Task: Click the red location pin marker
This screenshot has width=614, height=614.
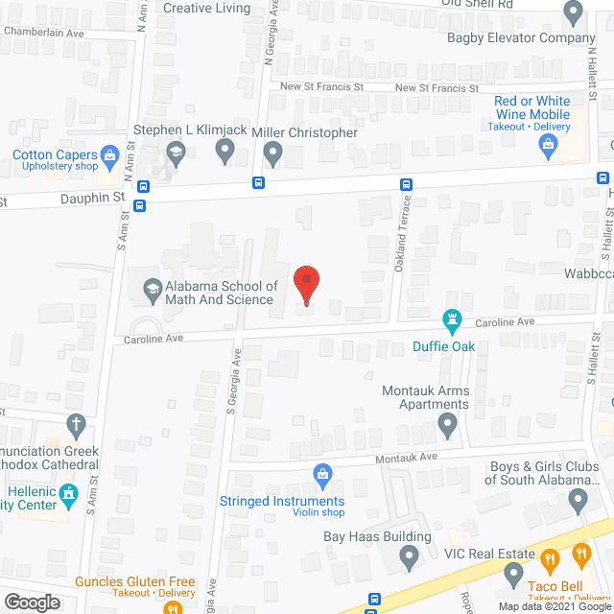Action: click(306, 284)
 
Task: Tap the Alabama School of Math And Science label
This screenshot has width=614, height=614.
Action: click(221, 293)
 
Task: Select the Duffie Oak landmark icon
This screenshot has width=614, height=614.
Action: click(452, 318)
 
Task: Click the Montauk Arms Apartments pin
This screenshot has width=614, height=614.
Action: click(447, 423)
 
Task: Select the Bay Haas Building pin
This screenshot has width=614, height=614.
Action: click(410, 555)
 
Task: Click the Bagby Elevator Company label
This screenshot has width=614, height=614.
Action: click(521, 38)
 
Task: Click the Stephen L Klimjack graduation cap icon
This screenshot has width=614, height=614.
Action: click(176, 151)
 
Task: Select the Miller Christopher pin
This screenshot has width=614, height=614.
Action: click(273, 151)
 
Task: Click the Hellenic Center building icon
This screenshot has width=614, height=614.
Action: click(67, 495)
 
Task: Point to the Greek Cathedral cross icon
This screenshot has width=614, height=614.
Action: click(78, 423)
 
